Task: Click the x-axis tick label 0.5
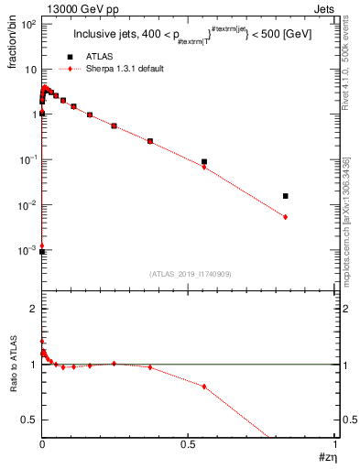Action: coord(189,443)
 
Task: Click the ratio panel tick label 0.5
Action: coord(28,419)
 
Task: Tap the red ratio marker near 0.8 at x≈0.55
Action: coord(204,387)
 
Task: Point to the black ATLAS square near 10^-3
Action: coord(42,252)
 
